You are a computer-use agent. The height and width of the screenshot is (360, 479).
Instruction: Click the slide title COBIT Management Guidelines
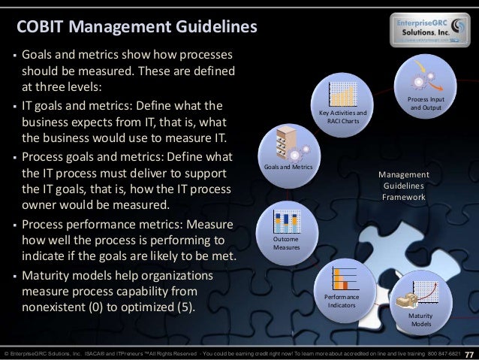click(x=137, y=28)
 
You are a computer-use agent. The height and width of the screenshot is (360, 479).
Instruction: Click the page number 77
click(x=470, y=354)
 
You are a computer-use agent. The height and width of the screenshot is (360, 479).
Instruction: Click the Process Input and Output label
click(x=425, y=104)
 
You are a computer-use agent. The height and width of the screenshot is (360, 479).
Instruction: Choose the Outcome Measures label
click(x=286, y=243)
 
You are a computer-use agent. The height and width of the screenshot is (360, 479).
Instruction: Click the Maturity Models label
click(x=421, y=320)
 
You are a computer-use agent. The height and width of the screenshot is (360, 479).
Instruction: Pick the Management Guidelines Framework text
click(x=404, y=185)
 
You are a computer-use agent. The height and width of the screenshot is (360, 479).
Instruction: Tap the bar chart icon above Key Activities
click(x=343, y=93)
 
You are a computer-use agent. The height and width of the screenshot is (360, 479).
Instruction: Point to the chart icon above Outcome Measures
click(x=287, y=220)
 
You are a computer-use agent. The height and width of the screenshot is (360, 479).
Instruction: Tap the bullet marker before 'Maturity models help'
click(x=13, y=275)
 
